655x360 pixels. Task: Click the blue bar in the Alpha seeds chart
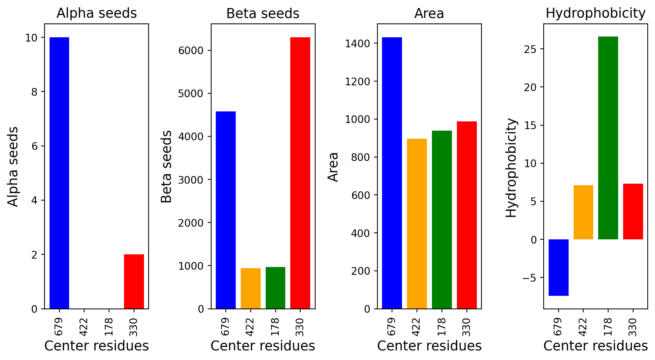[60, 173]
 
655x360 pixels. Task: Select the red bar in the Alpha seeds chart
[134, 282]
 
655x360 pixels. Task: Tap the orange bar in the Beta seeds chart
[251, 288]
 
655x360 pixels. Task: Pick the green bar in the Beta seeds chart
[275, 288]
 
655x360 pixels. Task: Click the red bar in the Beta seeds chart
[300, 173]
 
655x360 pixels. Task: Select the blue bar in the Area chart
[392, 173]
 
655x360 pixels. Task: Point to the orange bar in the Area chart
[417, 224]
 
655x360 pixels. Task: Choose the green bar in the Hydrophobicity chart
[608, 138]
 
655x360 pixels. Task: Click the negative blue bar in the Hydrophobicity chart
[559, 267]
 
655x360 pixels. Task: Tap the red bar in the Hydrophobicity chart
[633, 212]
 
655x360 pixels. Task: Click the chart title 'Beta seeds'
[263, 13]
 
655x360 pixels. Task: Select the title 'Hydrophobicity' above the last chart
[595, 13]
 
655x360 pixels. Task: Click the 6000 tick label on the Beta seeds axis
[191, 51]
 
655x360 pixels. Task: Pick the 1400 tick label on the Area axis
[357, 44]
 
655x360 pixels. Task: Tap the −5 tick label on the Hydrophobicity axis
[529, 278]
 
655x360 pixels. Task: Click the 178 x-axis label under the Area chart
[442, 327]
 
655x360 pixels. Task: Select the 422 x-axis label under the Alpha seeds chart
[84, 327]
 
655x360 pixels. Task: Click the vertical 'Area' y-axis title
[333, 167]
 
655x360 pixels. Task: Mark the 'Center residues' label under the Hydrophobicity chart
[595, 346]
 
